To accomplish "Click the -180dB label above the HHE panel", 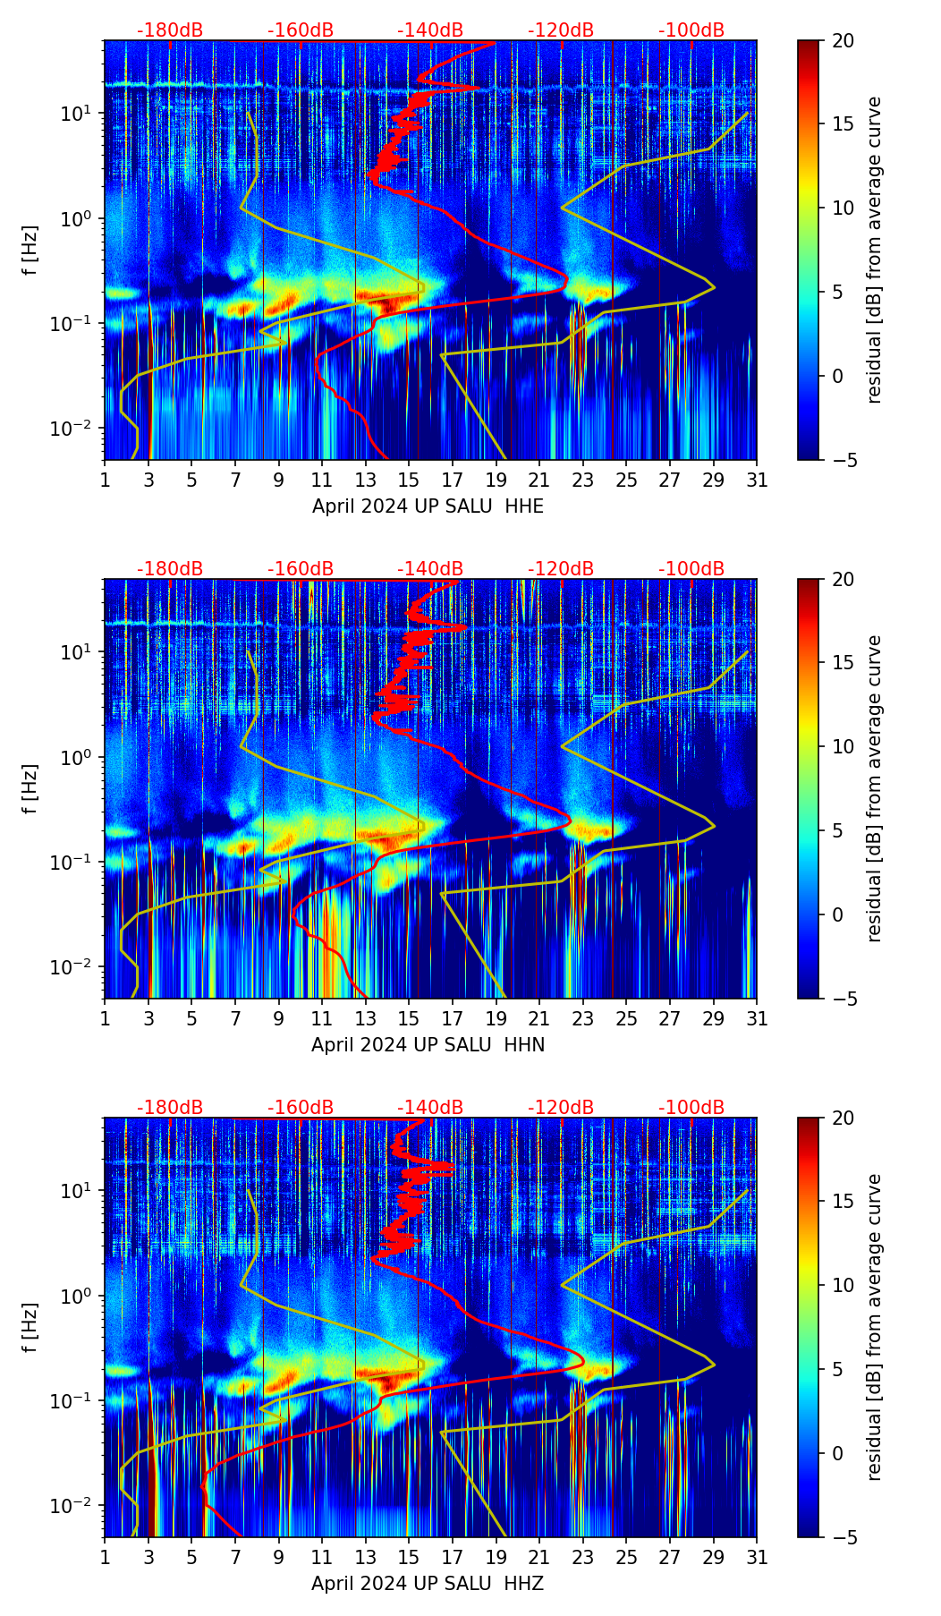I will [x=170, y=30].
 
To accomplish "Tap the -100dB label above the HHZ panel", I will [x=691, y=1108].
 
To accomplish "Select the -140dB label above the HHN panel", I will [x=430, y=569].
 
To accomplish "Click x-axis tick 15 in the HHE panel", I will [x=409, y=480].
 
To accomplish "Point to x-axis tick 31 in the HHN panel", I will [x=757, y=1018].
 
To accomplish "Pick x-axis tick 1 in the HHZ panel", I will [x=105, y=1557].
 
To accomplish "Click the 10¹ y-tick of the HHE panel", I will [x=75, y=114].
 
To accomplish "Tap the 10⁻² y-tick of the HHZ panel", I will [x=72, y=1507].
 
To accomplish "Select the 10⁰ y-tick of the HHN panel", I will [x=77, y=757].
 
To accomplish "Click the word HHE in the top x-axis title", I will [x=524, y=506].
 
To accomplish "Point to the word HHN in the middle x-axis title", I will [x=524, y=1045].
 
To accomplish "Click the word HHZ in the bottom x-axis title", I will [x=524, y=1584].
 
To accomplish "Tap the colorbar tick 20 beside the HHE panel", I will [x=844, y=40].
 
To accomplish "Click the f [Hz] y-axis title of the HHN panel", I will [x=31, y=788].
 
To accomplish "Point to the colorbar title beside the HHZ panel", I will [x=874, y=1327].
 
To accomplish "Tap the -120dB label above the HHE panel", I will [x=561, y=30].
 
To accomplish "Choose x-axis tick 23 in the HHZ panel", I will [x=583, y=1557].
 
